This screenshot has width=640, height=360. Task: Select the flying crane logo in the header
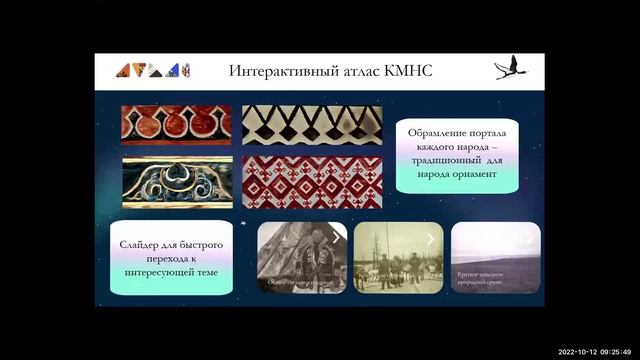tap(509, 69)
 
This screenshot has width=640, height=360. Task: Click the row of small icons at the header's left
tap(153, 70)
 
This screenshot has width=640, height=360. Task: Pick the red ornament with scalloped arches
tap(176, 124)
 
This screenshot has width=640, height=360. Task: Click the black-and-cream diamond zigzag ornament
tap(311, 124)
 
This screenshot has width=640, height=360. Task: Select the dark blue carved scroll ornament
tap(176, 181)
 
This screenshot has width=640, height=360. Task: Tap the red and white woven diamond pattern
tap(311, 181)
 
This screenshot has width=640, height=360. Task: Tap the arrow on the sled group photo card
tap(431, 239)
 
